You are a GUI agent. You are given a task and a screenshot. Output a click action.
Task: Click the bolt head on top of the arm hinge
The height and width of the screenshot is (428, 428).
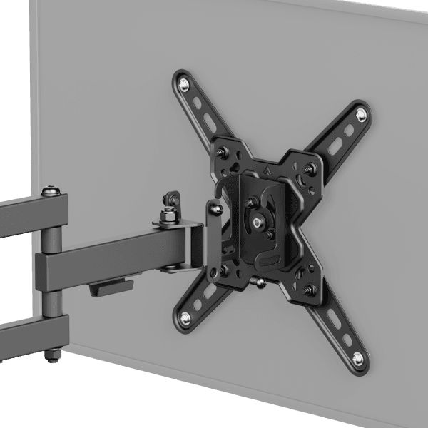(51, 191)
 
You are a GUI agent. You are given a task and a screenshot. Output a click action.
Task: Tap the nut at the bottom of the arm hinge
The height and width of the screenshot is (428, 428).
(51, 353)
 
